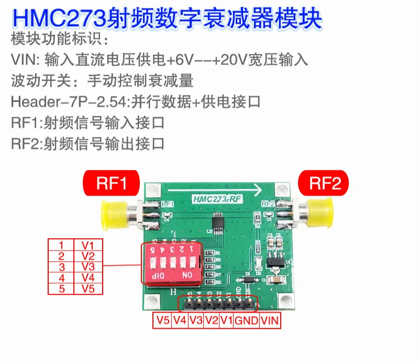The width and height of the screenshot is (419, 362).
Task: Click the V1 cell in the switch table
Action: click(x=88, y=245)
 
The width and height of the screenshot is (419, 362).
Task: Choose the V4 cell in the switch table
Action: click(x=88, y=278)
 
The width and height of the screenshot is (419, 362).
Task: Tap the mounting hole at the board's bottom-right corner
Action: click(x=285, y=301)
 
